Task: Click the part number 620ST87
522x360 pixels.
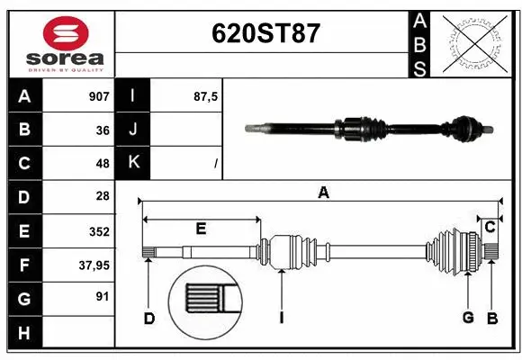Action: click(265, 33)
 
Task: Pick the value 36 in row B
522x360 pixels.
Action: click(103, 130)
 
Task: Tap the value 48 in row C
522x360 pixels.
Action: click(103, 163)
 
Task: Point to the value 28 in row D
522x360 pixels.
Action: click(103, 196)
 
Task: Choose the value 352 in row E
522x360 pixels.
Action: click(99, 230)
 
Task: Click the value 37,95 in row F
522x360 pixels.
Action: click(95, 265)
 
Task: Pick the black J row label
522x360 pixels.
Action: click(133, 130)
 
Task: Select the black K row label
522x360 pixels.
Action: click(133, 163)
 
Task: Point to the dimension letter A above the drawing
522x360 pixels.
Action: click(322, 191)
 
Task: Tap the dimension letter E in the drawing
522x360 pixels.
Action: click(201, 229)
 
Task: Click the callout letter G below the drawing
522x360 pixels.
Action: click(468, 318)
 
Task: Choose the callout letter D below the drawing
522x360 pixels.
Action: click(149, 318)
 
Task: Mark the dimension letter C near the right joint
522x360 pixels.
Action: click(490, 227)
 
